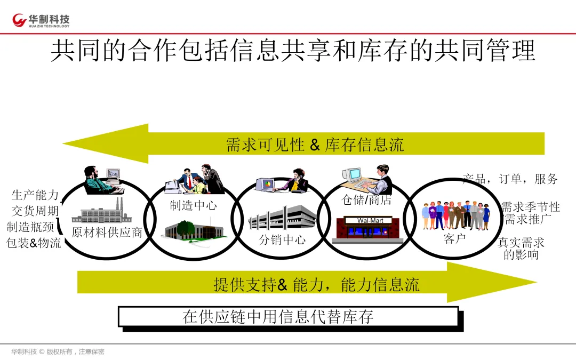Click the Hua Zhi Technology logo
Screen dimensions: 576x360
42,20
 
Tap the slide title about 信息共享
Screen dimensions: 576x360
293,52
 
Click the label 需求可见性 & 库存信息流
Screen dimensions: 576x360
315,145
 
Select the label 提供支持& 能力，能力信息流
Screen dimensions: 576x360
316,284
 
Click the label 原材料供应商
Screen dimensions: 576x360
107,233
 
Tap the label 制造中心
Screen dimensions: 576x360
193,205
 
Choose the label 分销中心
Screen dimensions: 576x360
282,239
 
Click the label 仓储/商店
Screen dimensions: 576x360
366,201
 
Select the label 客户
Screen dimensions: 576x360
454,238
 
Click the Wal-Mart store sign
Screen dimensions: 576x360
370,220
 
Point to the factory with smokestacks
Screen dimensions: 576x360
101,212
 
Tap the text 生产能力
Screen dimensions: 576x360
35,195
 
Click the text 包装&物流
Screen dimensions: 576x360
34,243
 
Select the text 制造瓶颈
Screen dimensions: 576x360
30,227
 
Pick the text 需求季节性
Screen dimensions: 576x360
530,207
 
